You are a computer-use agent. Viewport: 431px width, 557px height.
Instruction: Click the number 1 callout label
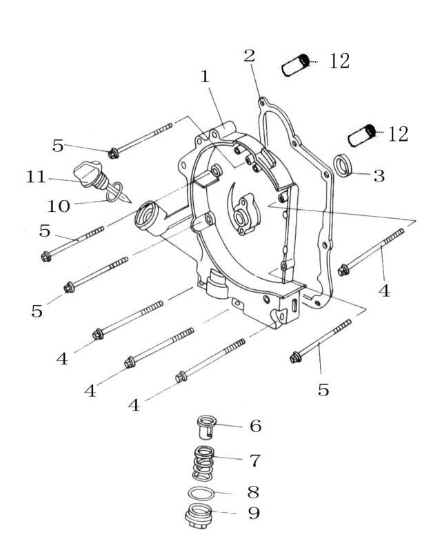click(205, 77)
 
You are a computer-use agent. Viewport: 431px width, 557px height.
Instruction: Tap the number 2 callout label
click(250, 55)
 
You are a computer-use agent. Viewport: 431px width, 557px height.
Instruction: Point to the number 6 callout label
click(255, 426)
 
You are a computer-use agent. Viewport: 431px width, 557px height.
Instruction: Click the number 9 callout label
click(254, 514)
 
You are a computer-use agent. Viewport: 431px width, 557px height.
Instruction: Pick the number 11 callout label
click(35, 177)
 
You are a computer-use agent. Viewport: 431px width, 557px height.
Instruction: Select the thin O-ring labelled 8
click(201, 494)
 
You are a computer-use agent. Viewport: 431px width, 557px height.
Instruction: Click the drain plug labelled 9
click(199, 518)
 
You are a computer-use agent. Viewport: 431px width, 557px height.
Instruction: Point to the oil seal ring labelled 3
click(343, 166)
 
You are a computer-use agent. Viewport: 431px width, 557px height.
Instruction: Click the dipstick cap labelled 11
click(88, 170)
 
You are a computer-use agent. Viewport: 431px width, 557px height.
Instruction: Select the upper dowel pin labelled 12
click(298, 66)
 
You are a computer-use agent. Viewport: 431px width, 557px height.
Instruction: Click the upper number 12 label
click(339, 61)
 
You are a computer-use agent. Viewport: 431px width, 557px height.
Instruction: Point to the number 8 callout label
click(253, 491)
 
